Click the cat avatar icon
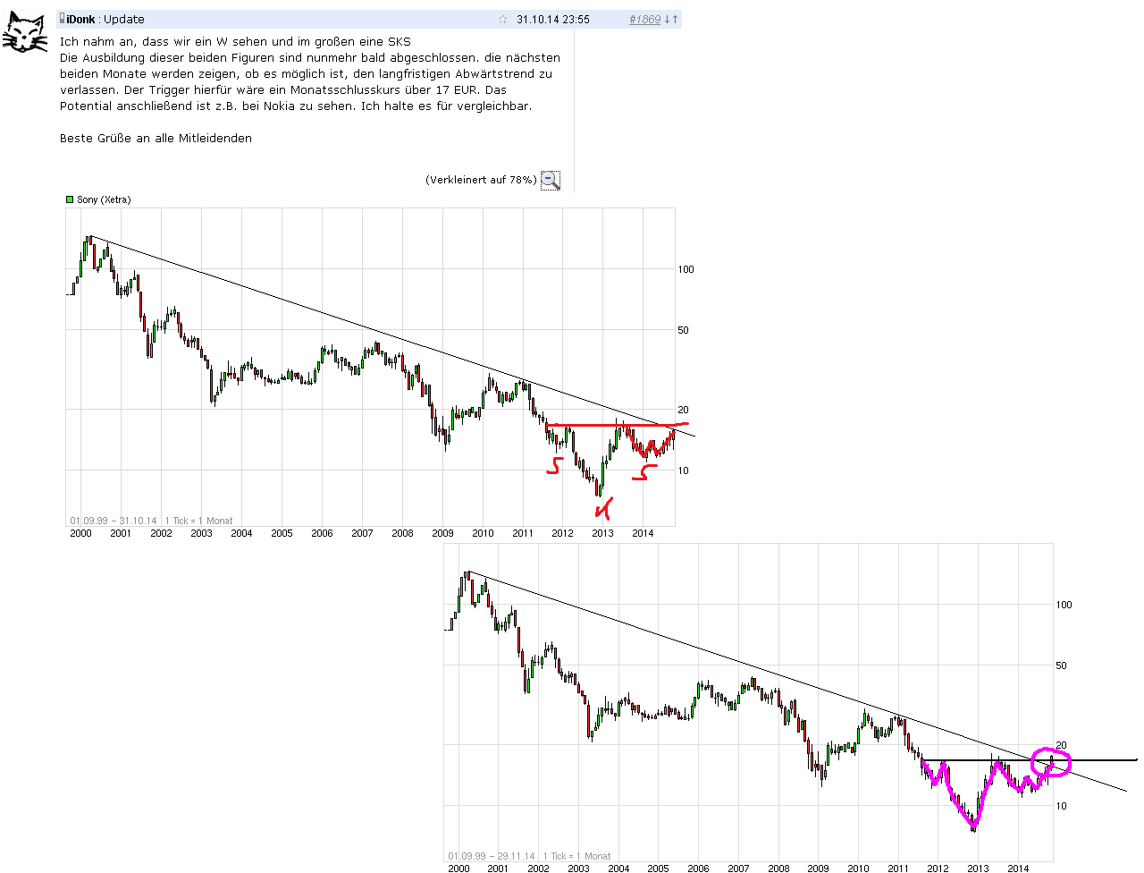point(24,32)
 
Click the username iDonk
point(80,20)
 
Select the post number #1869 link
point(644,20)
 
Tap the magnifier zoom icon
point(551,180)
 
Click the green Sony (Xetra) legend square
point(70,199)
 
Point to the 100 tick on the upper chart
point(686,269)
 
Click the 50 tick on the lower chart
point(1062,665)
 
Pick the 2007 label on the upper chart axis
point(362,533)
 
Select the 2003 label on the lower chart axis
point(578,869)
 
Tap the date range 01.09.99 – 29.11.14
point(492,856)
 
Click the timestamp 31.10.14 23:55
point(552,20)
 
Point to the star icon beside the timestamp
point(503,20)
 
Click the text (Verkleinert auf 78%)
point(481,180)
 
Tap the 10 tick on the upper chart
point(684,470)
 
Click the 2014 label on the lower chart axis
point(1018,869)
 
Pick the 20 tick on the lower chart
point(1062,745)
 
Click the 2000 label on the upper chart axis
point(80,533)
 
